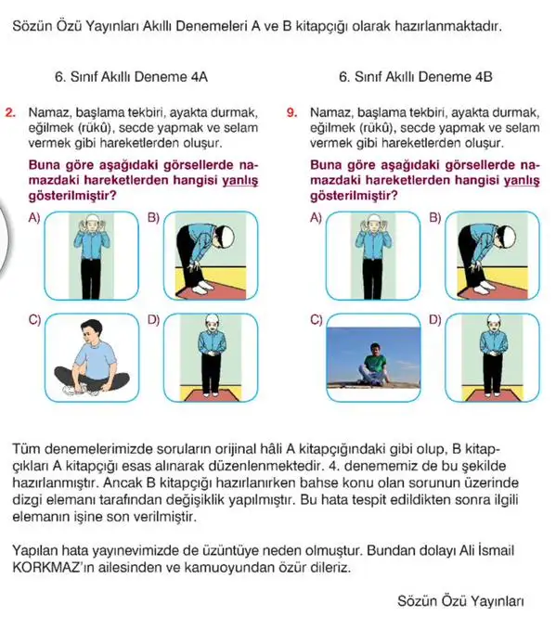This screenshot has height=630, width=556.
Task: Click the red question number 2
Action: point(10,112)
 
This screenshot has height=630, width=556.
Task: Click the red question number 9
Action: point(291,112)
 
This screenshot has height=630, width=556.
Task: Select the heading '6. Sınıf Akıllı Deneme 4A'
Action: point(131,77)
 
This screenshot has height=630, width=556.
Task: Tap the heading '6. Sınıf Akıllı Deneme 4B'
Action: point(415,77)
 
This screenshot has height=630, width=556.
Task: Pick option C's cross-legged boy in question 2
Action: point(92,358)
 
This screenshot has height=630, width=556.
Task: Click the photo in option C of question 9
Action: point(373,358)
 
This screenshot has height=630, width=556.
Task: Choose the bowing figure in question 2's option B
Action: point(204,257)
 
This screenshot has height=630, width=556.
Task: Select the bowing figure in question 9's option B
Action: point(485,257)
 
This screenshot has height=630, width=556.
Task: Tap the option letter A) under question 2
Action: point(34,218)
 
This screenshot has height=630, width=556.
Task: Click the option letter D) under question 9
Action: point(435,320)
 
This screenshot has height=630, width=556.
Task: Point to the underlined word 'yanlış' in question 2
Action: point(240,181)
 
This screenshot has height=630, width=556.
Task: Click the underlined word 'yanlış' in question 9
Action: point(522,181)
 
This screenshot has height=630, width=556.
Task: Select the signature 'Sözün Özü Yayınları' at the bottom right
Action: point(460,601)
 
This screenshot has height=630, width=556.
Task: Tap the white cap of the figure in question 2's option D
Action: point(212,320)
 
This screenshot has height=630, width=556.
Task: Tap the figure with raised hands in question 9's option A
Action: point(372,256)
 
